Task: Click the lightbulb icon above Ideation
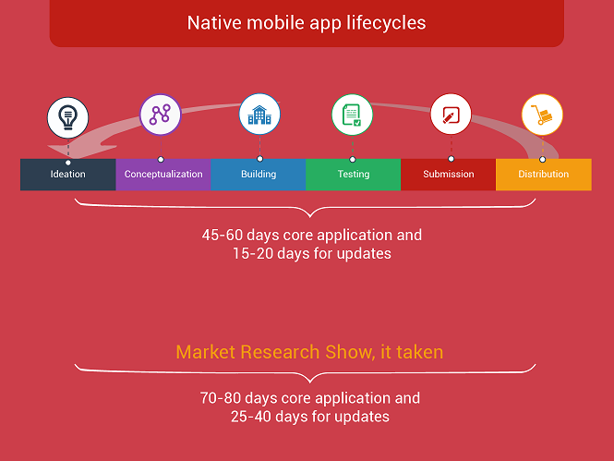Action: pyautogui.click(x=67, y=117)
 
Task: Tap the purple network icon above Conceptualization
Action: pyautogui.click(x=160, y=115)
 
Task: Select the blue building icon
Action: pyautogui.click(x=259, y=114)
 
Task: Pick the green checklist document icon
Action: pyautogui.click(x=352, y=115)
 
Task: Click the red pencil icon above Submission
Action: pyautogui.click(x=451, y=114)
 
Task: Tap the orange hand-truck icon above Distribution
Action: pyautogui.click(x=542, y=115)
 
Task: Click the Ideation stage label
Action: pyautogui.click(x=67, y=174)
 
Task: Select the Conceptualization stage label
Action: pyautogui.click(x=163, y=174)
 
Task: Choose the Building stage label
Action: pyautogui.click(x=259, y=174)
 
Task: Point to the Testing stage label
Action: pyautogui.click(x=354, y=174)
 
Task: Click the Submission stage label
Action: pyautogui.click(x=449, y=174)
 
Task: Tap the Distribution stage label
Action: pyautogui.click(x=544, y=174)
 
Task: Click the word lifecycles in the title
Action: pyautogui.click(x=386, y=23)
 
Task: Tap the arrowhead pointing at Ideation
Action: pyautogui.click(x=78, y=150)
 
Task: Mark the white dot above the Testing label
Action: pyautogui.click(x=353, y=160)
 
